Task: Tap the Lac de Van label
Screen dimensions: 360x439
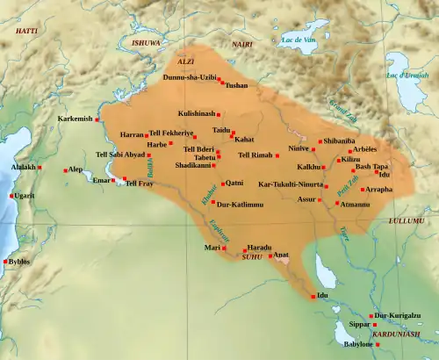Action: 297,39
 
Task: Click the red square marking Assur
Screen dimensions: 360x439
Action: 320,200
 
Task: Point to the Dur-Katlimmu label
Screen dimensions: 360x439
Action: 240,204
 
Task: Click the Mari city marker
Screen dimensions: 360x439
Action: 224,248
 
